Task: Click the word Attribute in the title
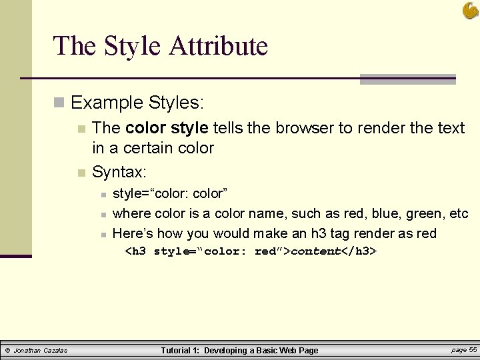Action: coord(218,46)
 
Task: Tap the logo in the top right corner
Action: coord(470,10)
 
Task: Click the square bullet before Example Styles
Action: coord(59,103)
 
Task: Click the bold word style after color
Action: coord(189,127)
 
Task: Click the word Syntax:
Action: coord(119,172)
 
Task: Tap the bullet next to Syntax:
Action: coord(81,173)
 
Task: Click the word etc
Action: coord(459,213)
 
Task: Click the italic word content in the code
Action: coord(315,251)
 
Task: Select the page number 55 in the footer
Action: coord(473,350)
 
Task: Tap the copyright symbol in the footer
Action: coord(7,351)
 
